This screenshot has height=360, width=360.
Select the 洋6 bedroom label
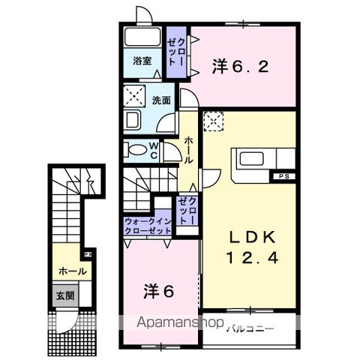pyautogui.click(x=159, y=290)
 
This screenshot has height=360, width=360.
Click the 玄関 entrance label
pyautogui.click(x=63, y=295)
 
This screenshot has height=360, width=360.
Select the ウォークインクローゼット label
pyautogui.click(x=148, y=227)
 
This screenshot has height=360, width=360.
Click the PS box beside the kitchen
pyautogui.click(x=283, y=177)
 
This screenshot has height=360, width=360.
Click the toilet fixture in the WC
pyautogui.click(x=136, y=149)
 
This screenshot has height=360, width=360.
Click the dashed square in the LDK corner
pyautogui.click(x=214, y=119)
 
